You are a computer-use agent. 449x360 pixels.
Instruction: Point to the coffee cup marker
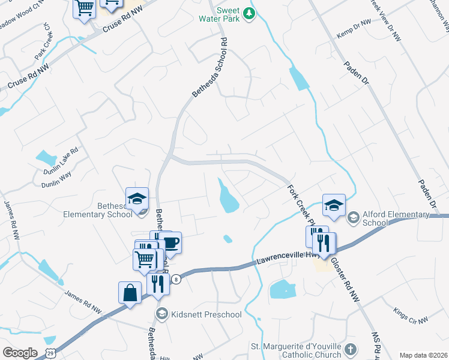pos(170,243)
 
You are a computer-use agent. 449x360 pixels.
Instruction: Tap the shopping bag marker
pos(130,293)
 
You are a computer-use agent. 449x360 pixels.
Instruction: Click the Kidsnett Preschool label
pos(206,314)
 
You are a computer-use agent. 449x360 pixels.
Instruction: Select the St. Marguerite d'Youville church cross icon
pos(351,348)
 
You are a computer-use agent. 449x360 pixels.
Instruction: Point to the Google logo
pos(20,352)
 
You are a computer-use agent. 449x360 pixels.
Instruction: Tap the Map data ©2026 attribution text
pos(423,355)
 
